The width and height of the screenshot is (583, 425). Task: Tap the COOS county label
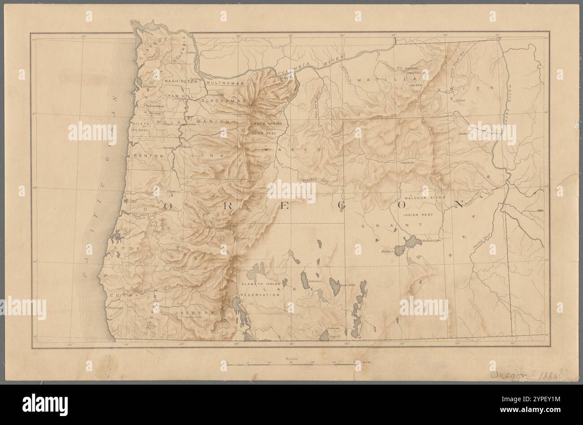[x=122, y=247]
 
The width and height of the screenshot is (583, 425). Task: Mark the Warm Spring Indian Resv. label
[x=264, y=128]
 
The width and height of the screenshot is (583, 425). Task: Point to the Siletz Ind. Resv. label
[x=139, y=126]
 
